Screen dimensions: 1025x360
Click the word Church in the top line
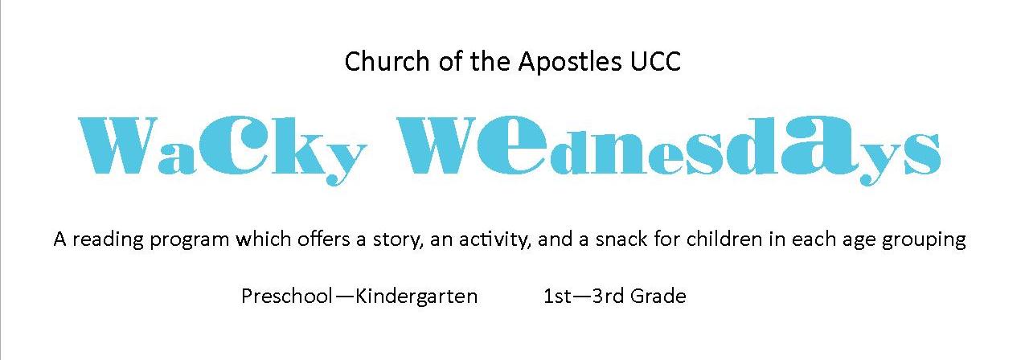[x=387, y=62]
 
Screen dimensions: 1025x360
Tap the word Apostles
[x=570, y=63]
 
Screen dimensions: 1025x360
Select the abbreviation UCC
[x=655, y=62]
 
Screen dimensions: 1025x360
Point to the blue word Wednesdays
[x=669, y=149]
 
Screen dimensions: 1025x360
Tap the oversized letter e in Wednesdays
[x=511, y=143]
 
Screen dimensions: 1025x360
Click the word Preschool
[x=286, y=297]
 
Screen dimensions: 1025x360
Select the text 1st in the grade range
[x=557, y=297]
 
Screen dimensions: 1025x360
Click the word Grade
[x=658, y=297]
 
